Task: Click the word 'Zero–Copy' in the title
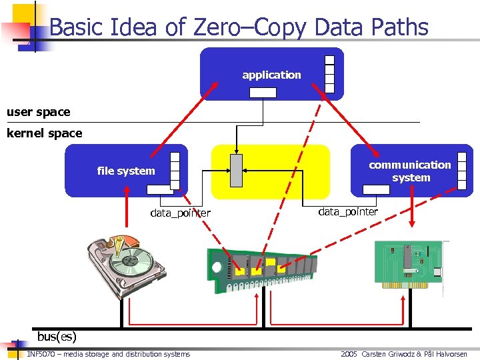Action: pos(249,27)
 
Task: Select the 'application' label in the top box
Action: pos(271,75)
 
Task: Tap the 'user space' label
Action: pos(38,112)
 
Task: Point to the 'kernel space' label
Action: pos(44,133)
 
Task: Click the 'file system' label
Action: pos(125,171)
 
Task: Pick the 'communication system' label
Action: pos(411,171)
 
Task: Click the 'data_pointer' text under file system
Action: pos(180,213)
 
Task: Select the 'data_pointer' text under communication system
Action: pos(348,212)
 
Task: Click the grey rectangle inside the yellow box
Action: pos(236,171)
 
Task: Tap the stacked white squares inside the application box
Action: pos(329,73)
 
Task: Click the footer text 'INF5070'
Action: pos(42,354)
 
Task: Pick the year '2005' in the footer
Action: pos(349,354)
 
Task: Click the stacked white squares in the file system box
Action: pos(175,171)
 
